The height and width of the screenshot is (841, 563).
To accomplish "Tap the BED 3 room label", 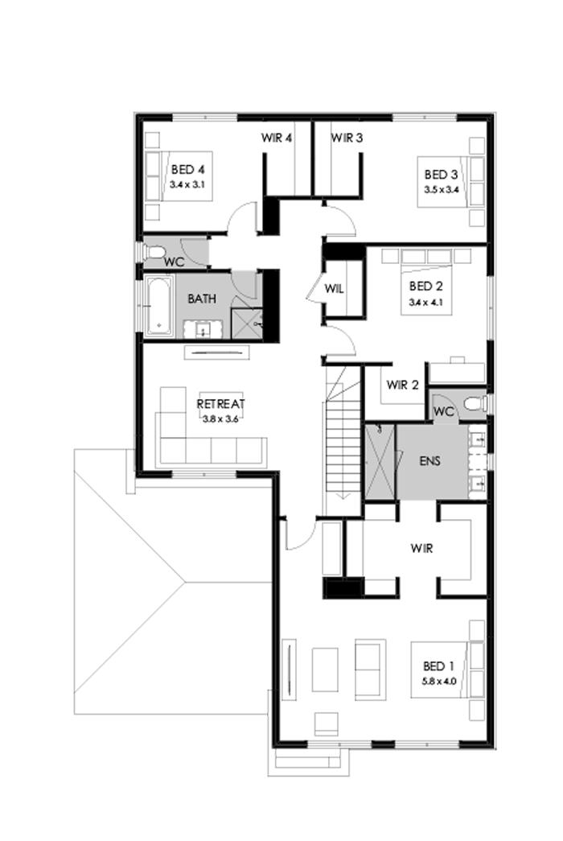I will coord(442,175).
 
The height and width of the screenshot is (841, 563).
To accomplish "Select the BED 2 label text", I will coord(425,287).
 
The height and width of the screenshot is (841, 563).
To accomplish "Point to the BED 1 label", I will coord(438,666).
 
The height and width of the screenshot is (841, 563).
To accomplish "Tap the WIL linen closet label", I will coord(335,288).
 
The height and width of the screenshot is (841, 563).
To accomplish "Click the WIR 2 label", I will coord(402,385).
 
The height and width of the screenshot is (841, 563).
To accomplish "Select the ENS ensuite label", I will coord(429,463).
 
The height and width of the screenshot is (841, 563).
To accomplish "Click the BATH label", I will coord(201,299).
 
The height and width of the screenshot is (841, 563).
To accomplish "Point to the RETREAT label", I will coord(220,404).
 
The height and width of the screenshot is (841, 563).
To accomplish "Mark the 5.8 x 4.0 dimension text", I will coord(438,681).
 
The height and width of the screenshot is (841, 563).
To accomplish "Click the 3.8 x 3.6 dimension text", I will coord(220,417).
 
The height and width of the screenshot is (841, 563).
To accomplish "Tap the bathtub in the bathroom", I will coord(158,306).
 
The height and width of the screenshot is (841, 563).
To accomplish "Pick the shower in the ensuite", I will coord(379,462).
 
